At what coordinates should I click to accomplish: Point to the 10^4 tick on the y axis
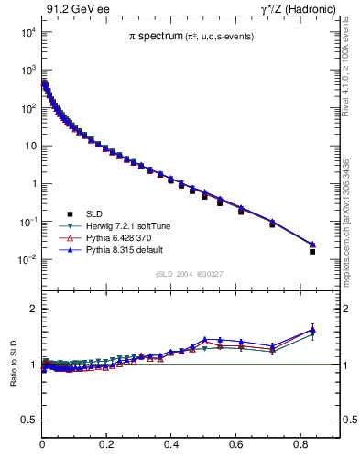(28, 32)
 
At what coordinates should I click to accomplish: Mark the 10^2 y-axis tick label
(28, 108)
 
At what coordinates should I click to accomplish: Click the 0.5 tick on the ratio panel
(29, 420)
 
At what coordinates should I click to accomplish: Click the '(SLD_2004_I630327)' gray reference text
(191, 274)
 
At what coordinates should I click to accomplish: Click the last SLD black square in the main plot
(312, 251)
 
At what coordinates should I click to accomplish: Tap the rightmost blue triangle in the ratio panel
(312, 329)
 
